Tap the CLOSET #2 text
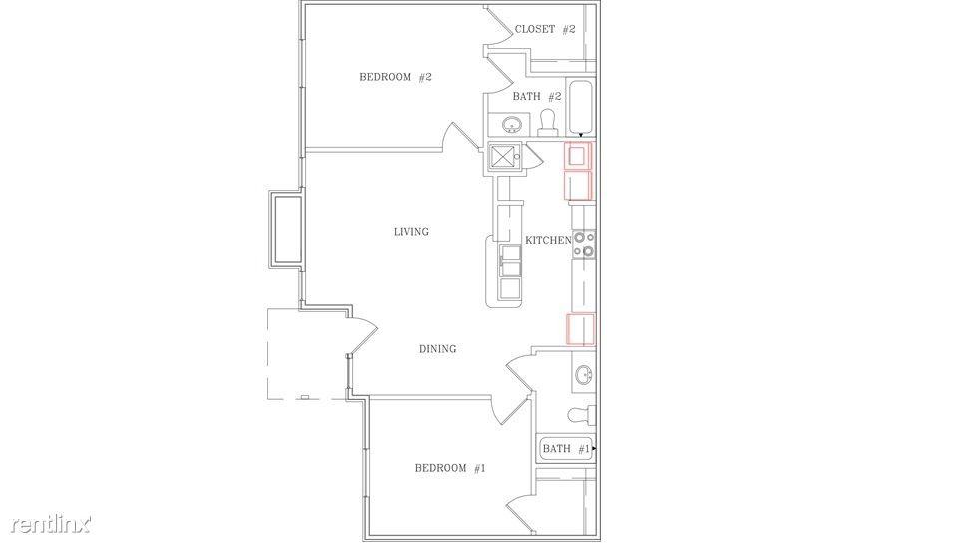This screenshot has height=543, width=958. tap(545, 30)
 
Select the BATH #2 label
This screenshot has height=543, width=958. tap(538, 97)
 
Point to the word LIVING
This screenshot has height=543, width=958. tap(411, 232)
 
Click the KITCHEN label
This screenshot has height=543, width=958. tap(548, 241)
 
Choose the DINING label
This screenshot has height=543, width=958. tap(437, 349)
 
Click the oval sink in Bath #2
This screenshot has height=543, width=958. tap(512, 126)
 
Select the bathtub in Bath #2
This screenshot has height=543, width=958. tap(581, 108)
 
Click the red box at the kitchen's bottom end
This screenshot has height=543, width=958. tap(580, 328)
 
